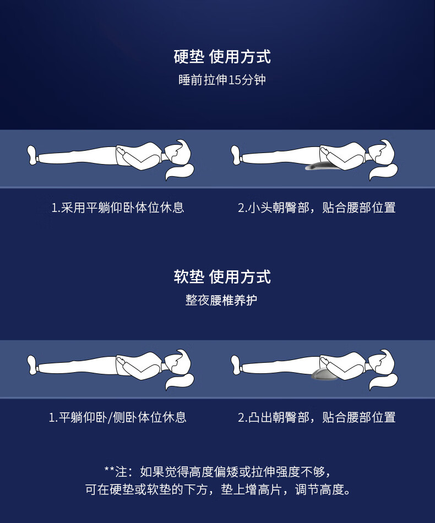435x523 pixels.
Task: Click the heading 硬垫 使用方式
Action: coord(222,57)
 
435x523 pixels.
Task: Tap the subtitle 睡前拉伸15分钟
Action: coord(222,80)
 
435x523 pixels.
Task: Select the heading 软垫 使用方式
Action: coord(222,277)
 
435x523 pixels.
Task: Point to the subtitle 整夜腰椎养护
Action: coord(221,300)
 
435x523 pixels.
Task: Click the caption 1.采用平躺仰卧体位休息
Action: coord(118,208)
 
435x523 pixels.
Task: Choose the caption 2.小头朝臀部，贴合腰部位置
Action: coord(317,208)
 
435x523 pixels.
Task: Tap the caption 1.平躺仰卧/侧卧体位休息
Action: coord(118,417)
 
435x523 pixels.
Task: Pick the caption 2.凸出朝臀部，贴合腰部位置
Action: coord(317,417)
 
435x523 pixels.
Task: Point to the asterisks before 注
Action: coord(109,469)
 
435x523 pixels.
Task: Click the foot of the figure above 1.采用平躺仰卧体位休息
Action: coord(32,155)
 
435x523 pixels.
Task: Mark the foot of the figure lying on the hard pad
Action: coord(236,155)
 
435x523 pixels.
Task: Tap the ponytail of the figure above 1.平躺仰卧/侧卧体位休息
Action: coord(179,382)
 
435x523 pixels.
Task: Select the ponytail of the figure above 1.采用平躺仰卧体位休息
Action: coord(179,171)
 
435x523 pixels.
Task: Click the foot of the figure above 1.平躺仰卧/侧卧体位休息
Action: coord(32,365)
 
